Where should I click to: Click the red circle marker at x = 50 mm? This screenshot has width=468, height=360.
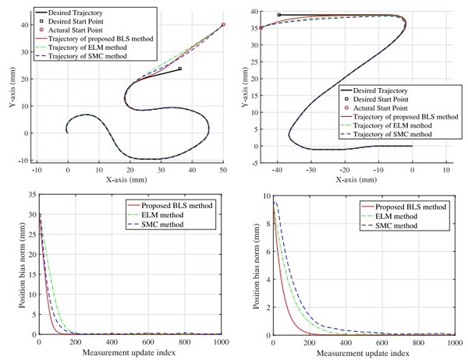(223, 25)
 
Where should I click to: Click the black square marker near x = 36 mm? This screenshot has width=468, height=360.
(180, 69)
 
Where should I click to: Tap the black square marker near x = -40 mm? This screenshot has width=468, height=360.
(278, 15)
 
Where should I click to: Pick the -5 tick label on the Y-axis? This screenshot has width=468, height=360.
(250, 162)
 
